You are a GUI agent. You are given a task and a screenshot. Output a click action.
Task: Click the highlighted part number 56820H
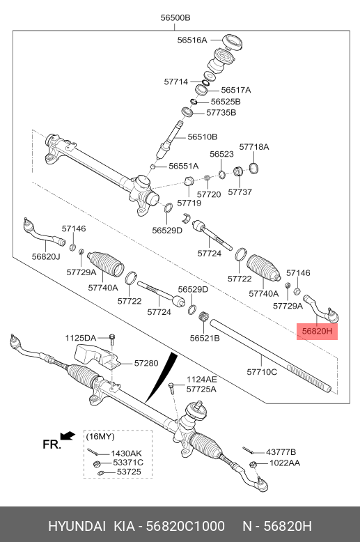[x=317, y=331]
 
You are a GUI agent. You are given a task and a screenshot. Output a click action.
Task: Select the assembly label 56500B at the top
[x=175, y=17]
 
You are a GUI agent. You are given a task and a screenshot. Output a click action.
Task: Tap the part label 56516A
[x=191, y=40]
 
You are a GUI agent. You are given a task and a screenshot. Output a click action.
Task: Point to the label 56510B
[x=202, y=137]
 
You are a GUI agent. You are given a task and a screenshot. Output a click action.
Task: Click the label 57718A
[x=254, y=147]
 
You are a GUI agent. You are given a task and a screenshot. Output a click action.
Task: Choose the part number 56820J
[x=46, y=256]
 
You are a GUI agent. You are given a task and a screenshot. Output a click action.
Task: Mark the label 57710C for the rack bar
[x=262, y=373]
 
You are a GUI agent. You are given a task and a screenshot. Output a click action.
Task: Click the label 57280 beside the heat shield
[x=146, y=363]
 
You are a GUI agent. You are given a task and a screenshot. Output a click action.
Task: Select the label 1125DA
[x=81, y=338]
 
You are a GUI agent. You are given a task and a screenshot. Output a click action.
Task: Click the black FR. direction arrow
[x=67, y=435]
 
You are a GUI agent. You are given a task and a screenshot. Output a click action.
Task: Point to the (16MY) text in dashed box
[x=100, y=436]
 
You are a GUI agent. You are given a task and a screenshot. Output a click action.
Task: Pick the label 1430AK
[x=127, y=453]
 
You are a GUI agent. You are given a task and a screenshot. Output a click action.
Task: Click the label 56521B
[x=205, y=338]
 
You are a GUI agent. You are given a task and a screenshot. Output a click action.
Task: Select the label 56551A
[x=183, y=166]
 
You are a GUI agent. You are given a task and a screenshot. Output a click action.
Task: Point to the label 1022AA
[x=285, y=463]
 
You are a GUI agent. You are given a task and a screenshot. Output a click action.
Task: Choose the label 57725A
[x=201, y=389]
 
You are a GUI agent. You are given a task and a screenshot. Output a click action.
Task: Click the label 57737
[x=240, y=192]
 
